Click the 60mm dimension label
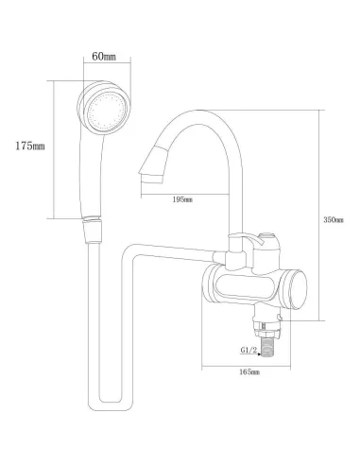coord(104,57)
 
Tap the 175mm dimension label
coord(30,146)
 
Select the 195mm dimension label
coord(182,199)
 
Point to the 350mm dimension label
coord(334,219)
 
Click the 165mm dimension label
coord(249,372)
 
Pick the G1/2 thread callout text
coord(249,350)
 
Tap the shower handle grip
coord(92,177)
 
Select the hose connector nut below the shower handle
coord(92,230)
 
